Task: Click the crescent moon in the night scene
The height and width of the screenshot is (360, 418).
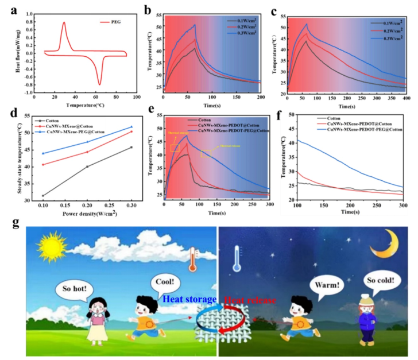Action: pos(380,248)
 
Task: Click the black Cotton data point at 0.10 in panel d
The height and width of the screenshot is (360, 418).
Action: pos(42,196)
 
